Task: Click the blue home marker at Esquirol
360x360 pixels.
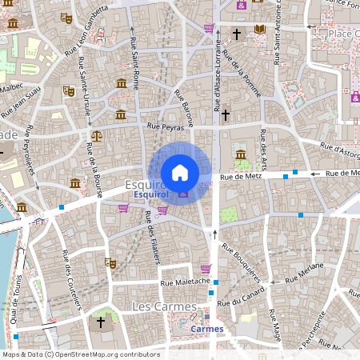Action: point(180,172)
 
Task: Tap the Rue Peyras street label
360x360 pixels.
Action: point(166,127)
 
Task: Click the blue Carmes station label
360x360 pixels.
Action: point(207,328)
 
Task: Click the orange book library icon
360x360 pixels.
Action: point(259,30)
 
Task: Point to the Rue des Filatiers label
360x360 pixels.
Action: point(153,236)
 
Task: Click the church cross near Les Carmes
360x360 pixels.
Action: point(101,322)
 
